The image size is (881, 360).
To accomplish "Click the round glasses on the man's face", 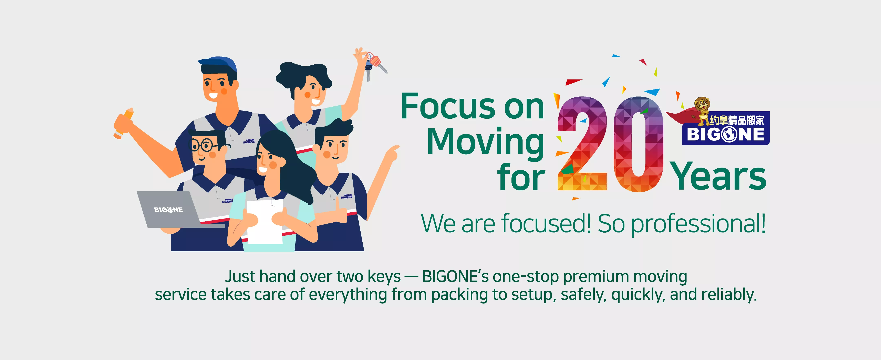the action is [205, 146].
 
